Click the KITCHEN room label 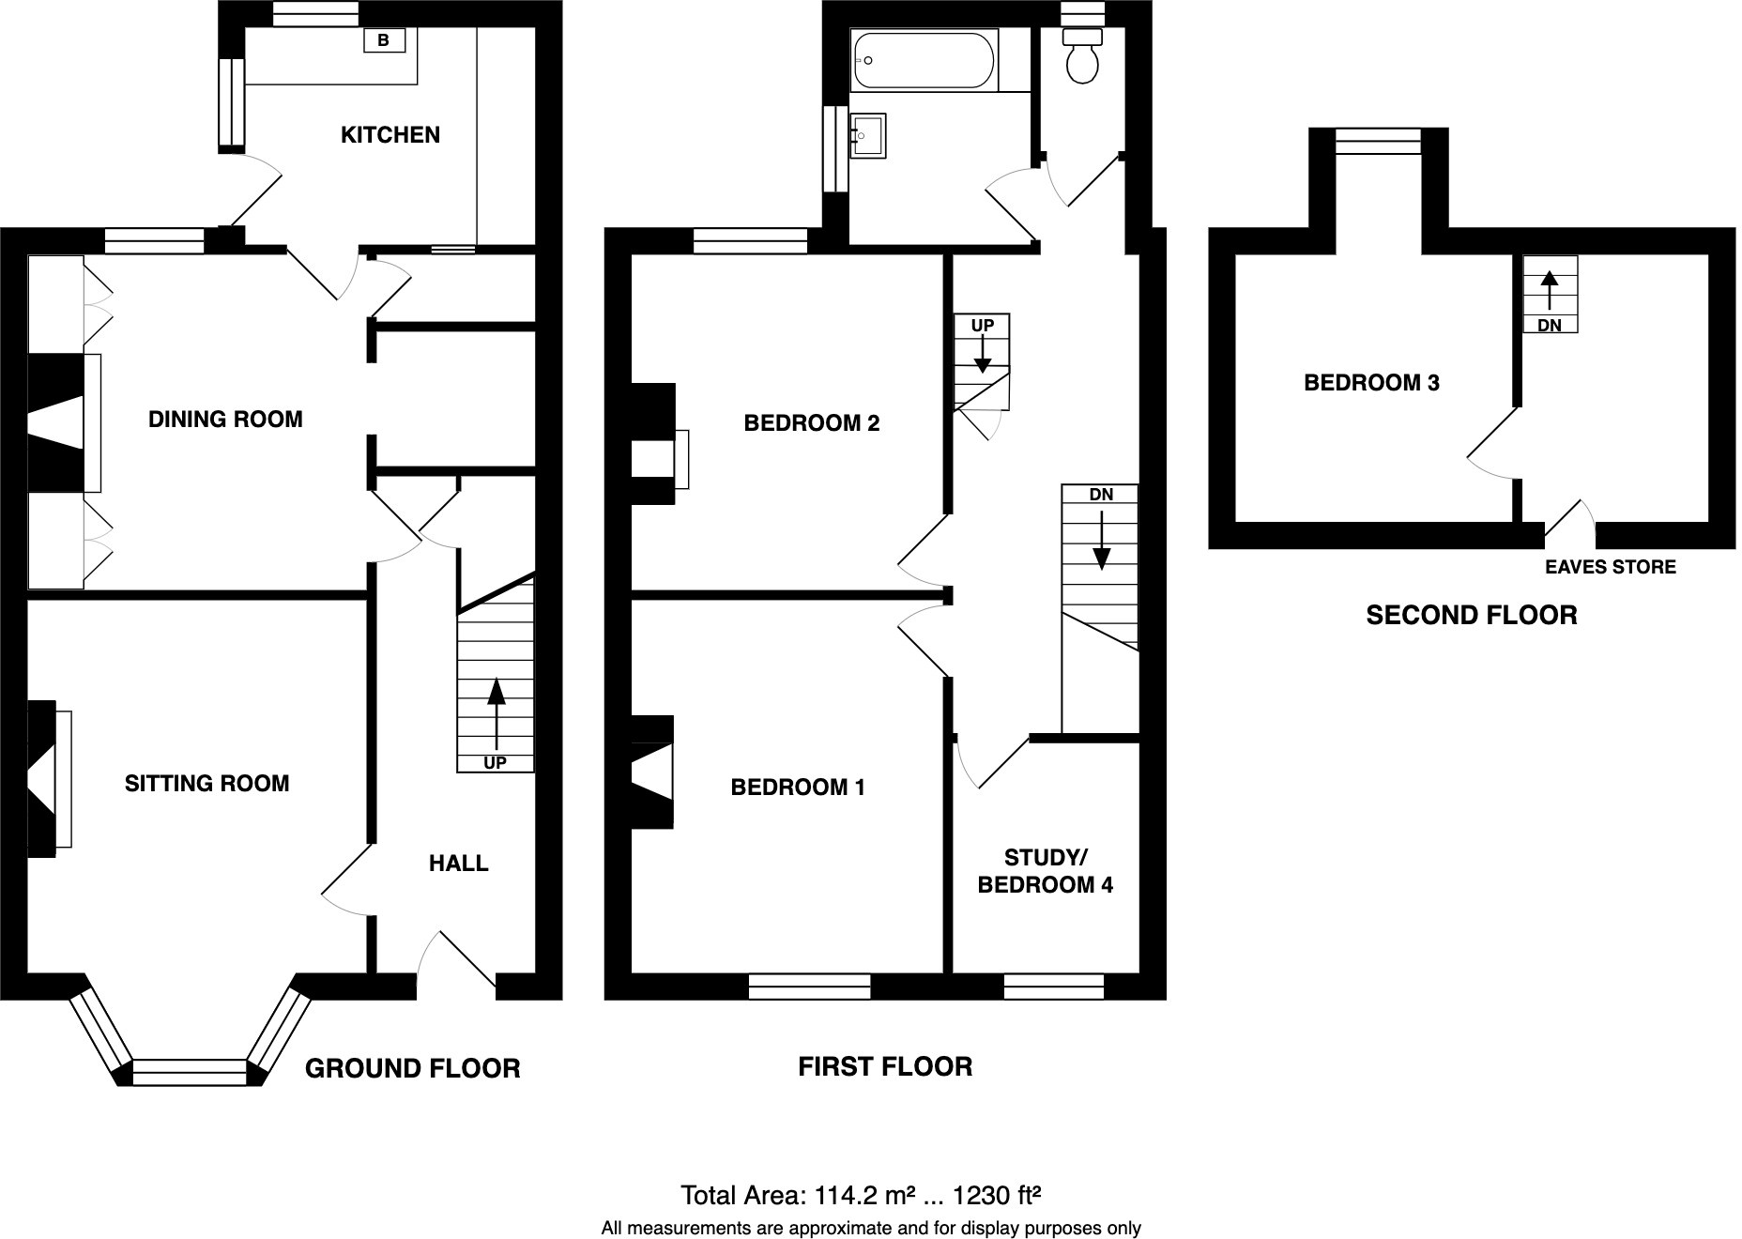[390, 135]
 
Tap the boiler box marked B [383, 40]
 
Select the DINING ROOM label [225, 420]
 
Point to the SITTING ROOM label [206, 784]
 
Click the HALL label [458, 864]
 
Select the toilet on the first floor [1082, 56]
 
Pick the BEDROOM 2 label [811, 423]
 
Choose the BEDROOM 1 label [797, 788]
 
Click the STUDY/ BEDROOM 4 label [1045, 871]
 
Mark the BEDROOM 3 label [1371, 383]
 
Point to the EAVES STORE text [1610, 567]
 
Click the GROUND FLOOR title [412, 1068]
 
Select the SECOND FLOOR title [1471, 616]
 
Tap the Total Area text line [862, 1196]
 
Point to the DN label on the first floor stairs [1101, 495]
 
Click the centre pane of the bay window [190, 1072]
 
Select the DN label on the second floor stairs [1549, 326]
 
